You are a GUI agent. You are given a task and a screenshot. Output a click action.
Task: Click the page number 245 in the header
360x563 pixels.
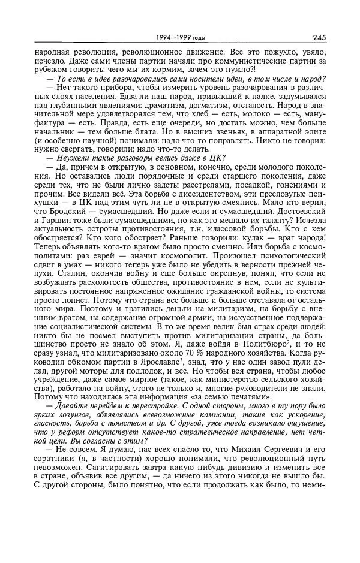319,38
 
